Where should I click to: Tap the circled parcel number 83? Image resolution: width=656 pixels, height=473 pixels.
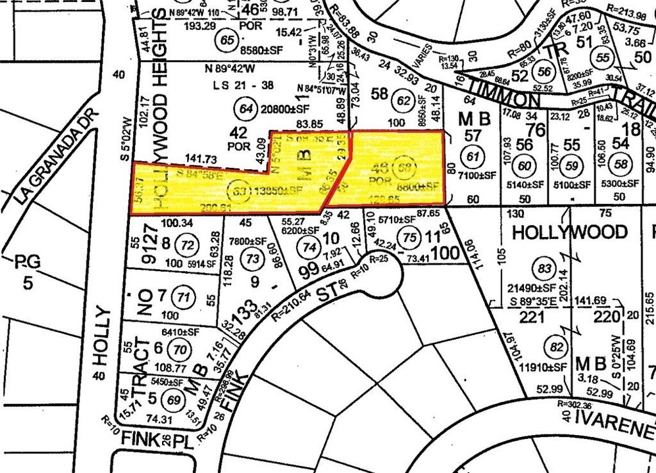[545, 267]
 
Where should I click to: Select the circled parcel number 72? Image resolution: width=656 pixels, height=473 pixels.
[188, 244]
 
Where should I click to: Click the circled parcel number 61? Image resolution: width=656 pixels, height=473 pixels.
[473, 157]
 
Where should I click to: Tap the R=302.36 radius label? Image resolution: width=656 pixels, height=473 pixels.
[579, 404]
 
